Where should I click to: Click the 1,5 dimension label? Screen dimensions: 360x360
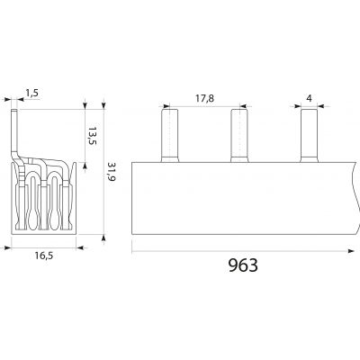pos(32,93)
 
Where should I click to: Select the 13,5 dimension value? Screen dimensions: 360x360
pos(93,136)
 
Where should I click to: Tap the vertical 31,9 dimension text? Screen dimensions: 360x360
pos(111,173)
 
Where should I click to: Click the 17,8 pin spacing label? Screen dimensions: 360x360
pos(205,98)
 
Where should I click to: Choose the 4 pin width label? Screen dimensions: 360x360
pos(310,98)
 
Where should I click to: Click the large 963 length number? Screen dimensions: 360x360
pos(243,265)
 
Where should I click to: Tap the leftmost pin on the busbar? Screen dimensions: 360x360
pos(170,136)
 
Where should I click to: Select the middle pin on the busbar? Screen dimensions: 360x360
pos(239,136)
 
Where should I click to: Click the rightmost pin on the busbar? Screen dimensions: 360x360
pos(310,136)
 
